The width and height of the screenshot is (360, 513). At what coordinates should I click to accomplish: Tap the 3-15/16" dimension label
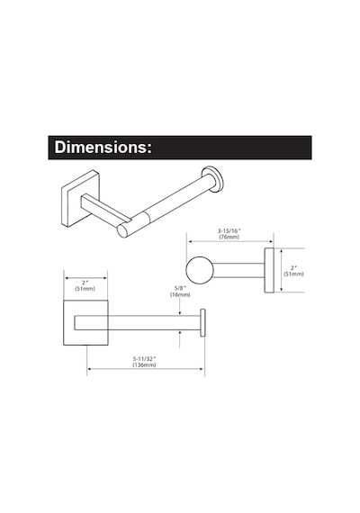point(229,231)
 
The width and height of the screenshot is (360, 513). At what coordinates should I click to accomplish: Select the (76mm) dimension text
point(229,237)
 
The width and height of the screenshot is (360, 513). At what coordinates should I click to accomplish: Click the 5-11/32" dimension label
point(144,359)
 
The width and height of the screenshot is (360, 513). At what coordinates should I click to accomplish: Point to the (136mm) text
point(144,364)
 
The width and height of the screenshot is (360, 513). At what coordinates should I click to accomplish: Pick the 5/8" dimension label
point(180,288)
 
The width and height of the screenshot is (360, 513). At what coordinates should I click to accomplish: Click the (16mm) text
point(180,294)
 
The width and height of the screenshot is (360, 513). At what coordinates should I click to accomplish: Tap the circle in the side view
point(200,270)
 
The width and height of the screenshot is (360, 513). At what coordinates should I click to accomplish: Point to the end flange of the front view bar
point(202,322)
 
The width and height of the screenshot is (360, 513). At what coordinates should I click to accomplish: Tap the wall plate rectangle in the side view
point(269,270)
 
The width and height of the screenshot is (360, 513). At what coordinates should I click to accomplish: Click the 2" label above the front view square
point(85,283)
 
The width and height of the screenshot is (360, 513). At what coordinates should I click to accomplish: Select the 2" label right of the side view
point(294,268)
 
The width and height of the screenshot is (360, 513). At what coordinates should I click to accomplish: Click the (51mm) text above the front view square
point(85,289)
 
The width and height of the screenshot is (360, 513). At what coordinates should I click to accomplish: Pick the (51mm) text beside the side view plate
point(294,274)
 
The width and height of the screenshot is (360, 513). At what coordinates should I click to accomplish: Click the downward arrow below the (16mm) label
point(180,307)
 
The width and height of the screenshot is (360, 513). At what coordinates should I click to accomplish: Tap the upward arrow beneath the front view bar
point(180,339)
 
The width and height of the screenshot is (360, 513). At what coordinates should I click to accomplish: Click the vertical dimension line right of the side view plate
point(282,270)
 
